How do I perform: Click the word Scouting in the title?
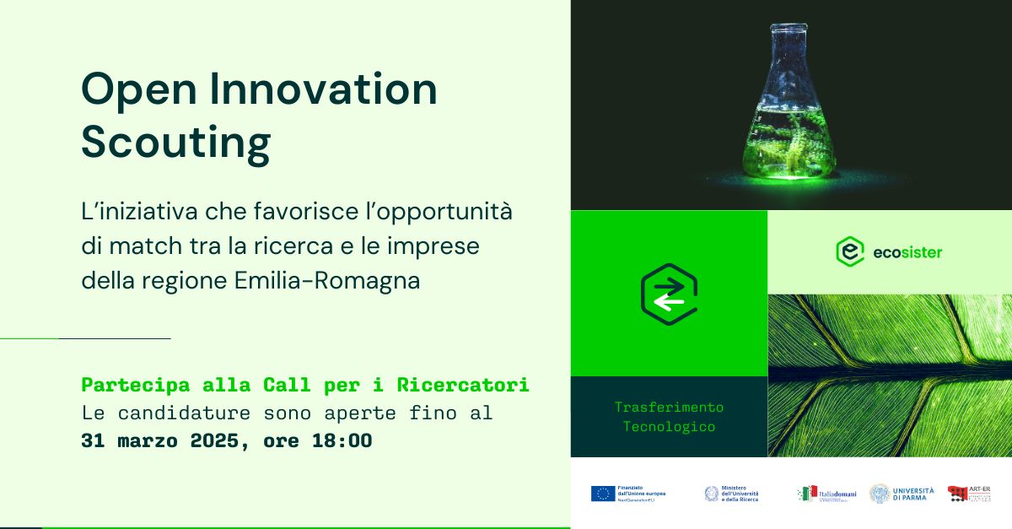[x=175, y=143]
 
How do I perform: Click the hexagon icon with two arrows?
[x=669, y=294]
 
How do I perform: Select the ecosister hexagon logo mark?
[x=849, y=251]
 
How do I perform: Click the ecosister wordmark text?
[x=907, y=252]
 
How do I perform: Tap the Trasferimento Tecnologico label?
[x=669, y=417]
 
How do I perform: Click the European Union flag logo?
[x=602, y=494]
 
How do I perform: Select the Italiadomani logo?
[x=826, y=494]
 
